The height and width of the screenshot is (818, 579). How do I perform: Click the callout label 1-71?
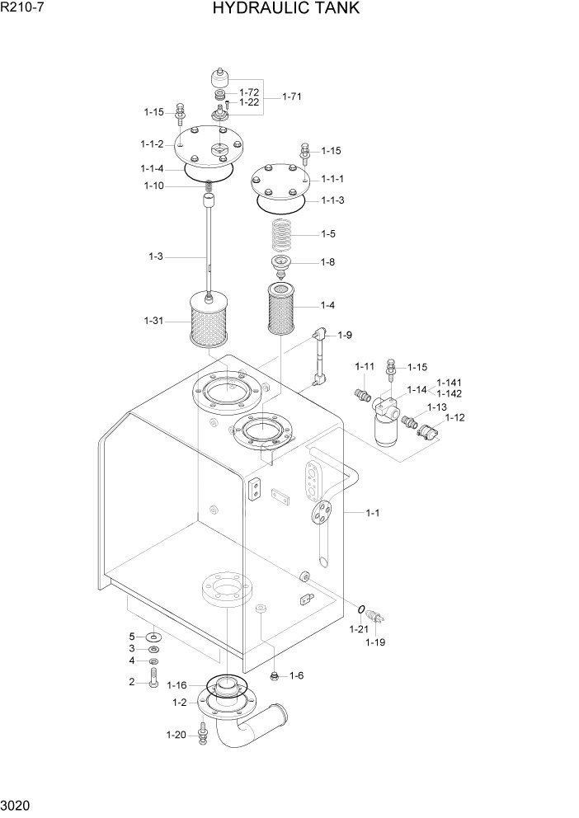[291, 97]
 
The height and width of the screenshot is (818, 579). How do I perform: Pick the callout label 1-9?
[345, 335]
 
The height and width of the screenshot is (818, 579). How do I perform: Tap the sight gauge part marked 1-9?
[319, 357]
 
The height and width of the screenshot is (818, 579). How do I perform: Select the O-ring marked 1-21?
[362, 609]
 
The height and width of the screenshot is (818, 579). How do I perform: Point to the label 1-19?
[375, 642]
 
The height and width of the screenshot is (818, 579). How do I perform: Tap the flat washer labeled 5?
[153, 637]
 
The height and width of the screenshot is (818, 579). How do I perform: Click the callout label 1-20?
[177, 734]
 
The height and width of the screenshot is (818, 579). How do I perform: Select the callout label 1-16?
[177, 685]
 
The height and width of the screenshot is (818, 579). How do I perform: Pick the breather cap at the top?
[220, 78]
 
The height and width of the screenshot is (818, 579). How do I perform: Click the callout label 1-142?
[449, 393]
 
